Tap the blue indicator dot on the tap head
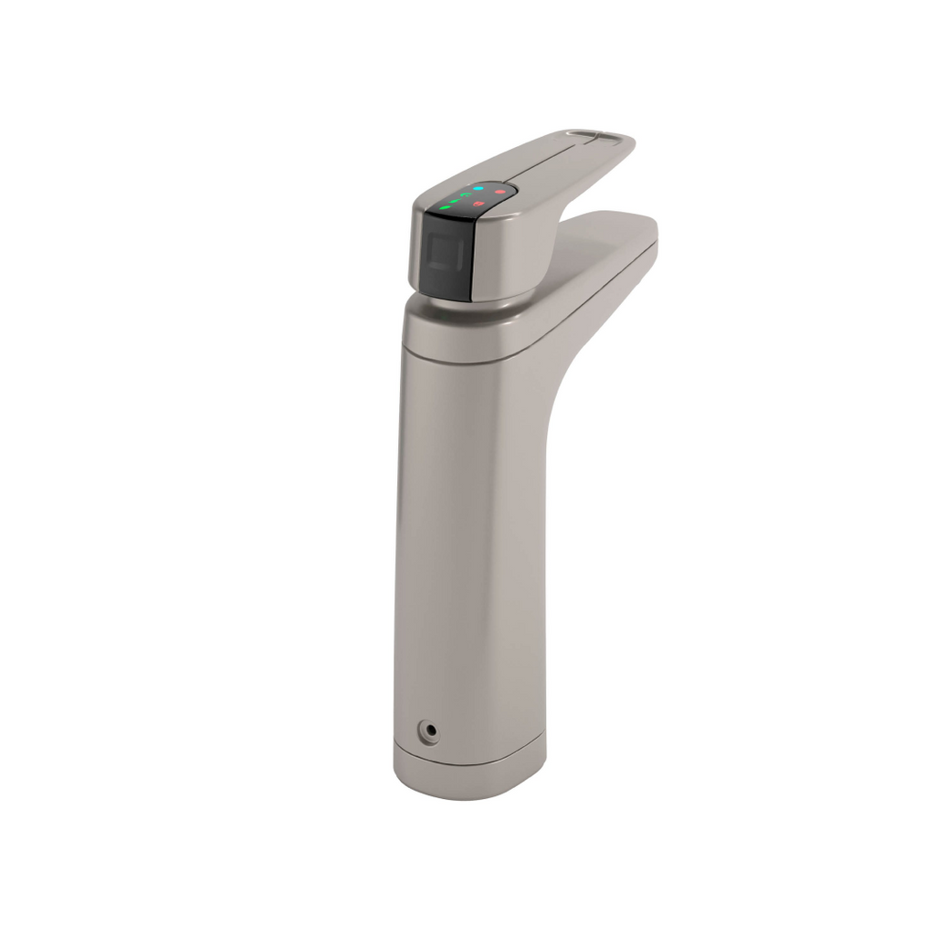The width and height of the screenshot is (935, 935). (478, 188)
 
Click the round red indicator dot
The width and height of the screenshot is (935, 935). (499, 192)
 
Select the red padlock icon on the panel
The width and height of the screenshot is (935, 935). (477, 202)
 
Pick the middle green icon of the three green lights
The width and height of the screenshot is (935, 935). (455, 201)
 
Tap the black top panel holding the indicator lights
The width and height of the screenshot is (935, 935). (470, 198)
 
